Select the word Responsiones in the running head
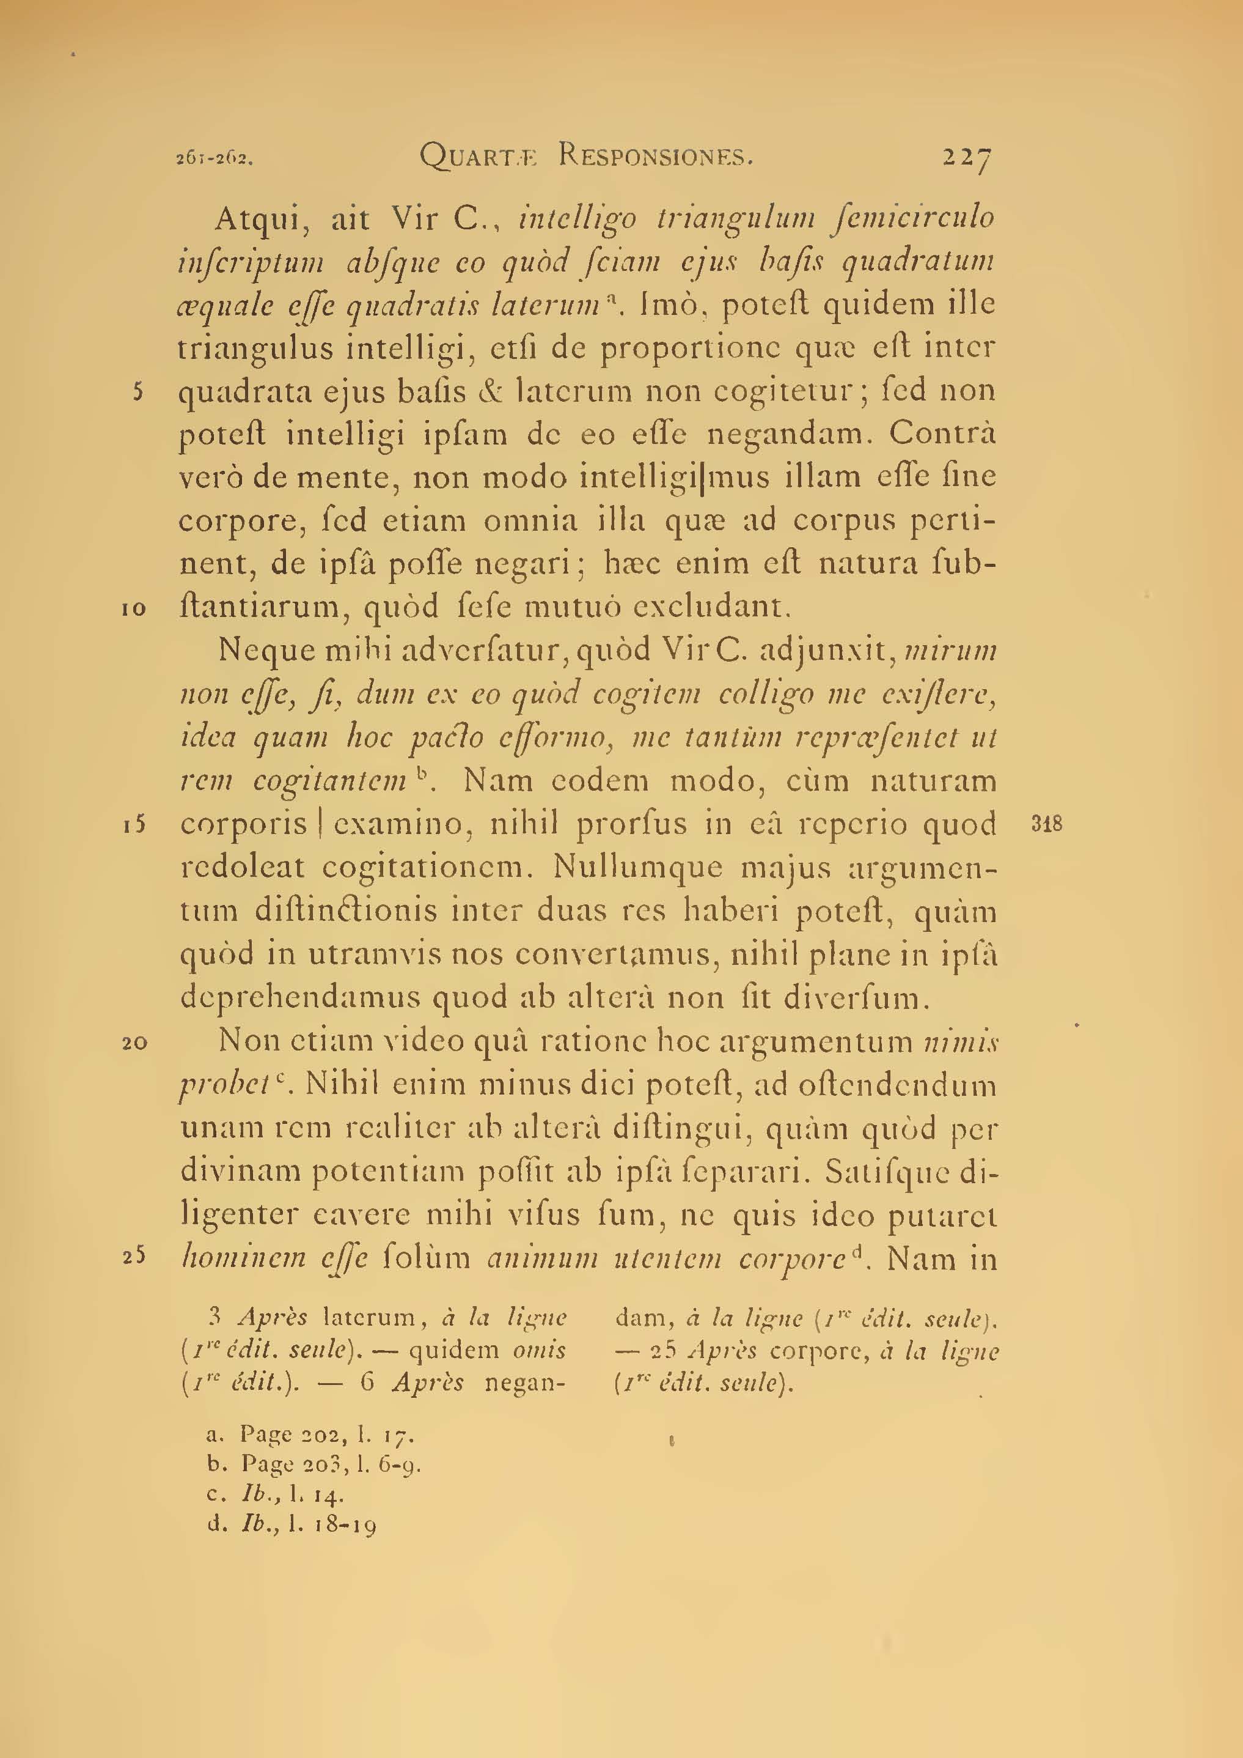point(656,157)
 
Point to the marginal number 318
point(1046,824)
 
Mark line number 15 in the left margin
point(134,825)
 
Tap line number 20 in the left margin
point(134,1042)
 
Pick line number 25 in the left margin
point(134,1258)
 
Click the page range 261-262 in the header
point(215,159)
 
